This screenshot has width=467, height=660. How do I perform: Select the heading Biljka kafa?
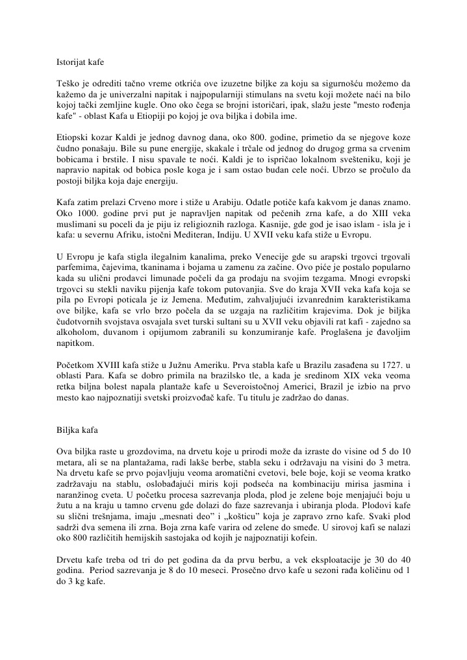point(74,428)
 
